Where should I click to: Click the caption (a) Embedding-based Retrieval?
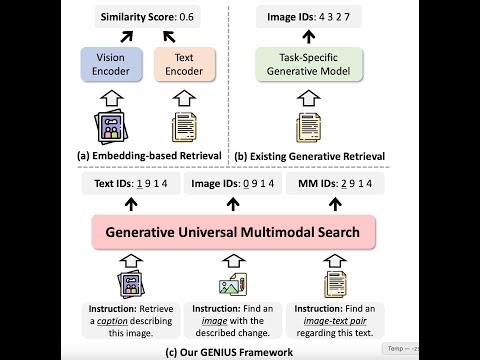tap(147, 155)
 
